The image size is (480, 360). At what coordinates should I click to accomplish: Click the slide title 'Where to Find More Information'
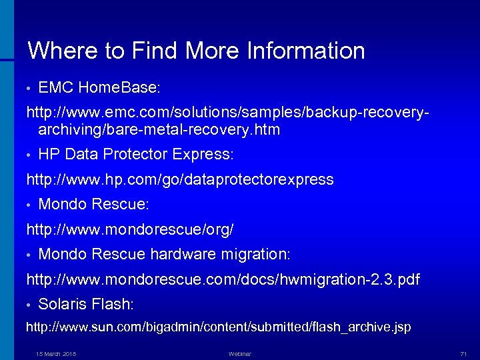click(x=196, y=51)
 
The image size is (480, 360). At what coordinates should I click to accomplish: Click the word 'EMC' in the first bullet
click(x=56, y=87)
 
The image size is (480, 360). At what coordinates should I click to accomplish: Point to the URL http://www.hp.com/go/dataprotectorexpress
click(x=179, y=179)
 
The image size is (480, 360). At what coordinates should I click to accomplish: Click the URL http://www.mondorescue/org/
click(x=129, y=229)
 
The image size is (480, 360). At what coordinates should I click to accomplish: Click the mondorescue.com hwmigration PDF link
click(x=223, y=279)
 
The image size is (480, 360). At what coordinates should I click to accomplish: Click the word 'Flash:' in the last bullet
click(x=115, y=304)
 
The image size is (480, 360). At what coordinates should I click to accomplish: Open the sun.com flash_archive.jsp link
click(x=218, y=327)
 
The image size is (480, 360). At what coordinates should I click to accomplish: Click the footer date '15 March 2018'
click(x=56, y=353)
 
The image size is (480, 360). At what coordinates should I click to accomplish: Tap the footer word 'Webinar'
click(x=239, y=353)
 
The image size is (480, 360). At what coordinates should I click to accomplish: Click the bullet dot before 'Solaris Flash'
click(x=29, y=305)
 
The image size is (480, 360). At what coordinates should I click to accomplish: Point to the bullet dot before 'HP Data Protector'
click(x=29, y=155)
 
